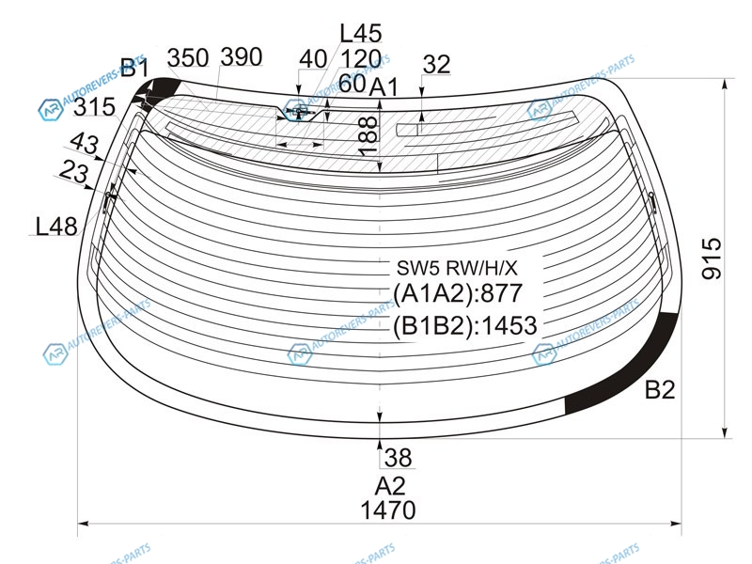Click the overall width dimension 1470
pyautogui.click(x=388, y=510)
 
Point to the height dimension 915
pyautogui.click(x=712, y=258)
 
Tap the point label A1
pyautogui.click(x=384, y=87)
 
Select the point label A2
pyautogui.click(x=390, y=486)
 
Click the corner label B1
pyautogui.click(x=134, y=68)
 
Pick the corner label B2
pyautogui.click(x=660, y=389)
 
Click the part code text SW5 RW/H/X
pyautogui.click(x=457, y=268)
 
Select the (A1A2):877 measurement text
pyautogui.click(x=457, y=293)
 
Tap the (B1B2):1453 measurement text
pyautogui.click(x=464, y=325)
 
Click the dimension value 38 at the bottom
pyautogui.click(x=398, y=458)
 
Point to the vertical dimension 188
pyautogui.click(x=368, y=136)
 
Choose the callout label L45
pyautogui.click(x=361, y=34)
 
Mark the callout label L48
pyautogui.click(x=56, y=226)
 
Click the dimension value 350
pyautogui.click(x=188, y=58)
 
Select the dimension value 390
pyautogui.click(x=242, y=57)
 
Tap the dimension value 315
pyautogui.click(x=95, y=107)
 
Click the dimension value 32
pyautogui.click(x=437, y=64)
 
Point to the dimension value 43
pyautogui.click(x=85, y=143)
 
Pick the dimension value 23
pyautogui.click(x=74, y=172)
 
